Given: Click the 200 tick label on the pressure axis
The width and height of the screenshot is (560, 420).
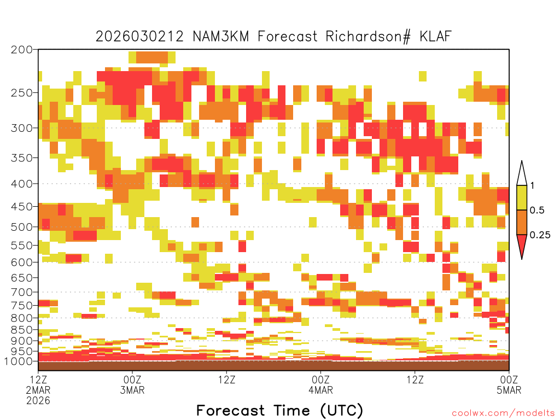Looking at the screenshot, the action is click(21, 50).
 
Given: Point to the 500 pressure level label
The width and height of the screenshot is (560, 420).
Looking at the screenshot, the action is click(21, 227).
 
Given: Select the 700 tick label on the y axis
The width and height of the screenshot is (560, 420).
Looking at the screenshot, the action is click(21, 292).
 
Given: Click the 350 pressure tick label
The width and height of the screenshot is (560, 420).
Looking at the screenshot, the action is click(21, 157).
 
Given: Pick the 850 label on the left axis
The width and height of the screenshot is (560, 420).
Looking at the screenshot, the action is click(21, 330).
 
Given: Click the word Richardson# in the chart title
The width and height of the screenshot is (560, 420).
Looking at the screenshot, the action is click(368, 37).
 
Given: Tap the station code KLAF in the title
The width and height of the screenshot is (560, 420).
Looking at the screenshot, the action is click(435, 37).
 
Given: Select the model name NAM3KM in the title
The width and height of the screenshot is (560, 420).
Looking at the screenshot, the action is click(221, 37).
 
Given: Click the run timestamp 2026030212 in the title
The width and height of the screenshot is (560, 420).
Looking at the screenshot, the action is click(139, 37).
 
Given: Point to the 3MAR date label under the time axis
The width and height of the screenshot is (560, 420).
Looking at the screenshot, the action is click(132, 390).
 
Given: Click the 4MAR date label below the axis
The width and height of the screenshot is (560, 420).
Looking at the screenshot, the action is click(320, 390).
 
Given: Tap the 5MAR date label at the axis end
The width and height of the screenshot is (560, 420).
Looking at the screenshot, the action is click(509, 390).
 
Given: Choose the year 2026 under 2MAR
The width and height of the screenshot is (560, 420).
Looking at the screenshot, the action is click(38, 401).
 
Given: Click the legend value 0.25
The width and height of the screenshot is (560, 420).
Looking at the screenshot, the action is click(540, 235).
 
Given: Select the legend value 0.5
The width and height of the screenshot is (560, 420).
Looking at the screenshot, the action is click(537, 210).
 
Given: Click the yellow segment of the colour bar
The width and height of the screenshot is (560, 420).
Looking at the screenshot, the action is click(522, 197).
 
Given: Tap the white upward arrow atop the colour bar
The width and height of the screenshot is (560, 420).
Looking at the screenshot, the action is click(522, 174).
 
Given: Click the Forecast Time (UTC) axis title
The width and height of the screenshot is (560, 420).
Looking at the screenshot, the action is click(279, 410).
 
